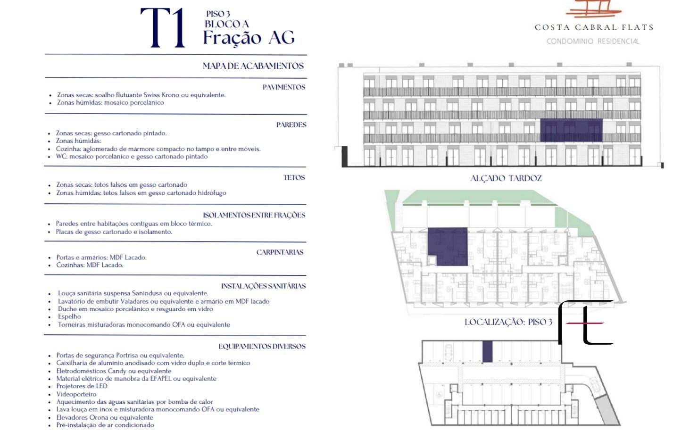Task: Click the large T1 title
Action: (x=163, y=28)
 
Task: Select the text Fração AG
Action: (x=249, y=38)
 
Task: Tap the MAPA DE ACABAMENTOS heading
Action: (x=253, y=66)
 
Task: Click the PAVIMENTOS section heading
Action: (x=284, y=87)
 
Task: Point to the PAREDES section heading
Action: (x=291, y=125)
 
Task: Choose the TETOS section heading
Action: (x=294, y=177)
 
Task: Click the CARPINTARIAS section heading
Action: (x=280, y=252)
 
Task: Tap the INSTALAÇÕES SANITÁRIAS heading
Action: (x=263, y=286)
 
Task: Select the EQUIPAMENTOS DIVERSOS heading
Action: (x=262, y=346)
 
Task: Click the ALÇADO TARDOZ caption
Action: (x=506, y=178)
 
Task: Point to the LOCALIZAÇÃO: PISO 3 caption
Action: (x=508, y=322)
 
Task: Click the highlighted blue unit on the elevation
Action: (x=571, y=130)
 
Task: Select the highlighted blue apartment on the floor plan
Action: (x=448, y=246)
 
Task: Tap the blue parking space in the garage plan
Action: (x=488, y=351)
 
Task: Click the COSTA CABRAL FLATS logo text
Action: (x=594, y=27)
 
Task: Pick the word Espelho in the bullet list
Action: (x=69, y=316)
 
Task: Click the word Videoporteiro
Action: (x=76, y=394)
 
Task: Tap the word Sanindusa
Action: (x=147, y=293)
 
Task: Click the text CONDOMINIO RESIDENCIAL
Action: (x=593, y=41)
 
